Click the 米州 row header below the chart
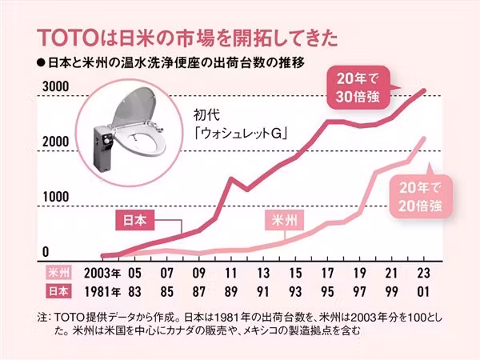(x=61, y=272)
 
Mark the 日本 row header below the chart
(x=61, y=290)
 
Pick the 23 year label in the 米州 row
(x=425, y=272)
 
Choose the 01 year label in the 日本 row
(x=425, y=290)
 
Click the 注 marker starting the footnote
(x=42, y=316)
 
